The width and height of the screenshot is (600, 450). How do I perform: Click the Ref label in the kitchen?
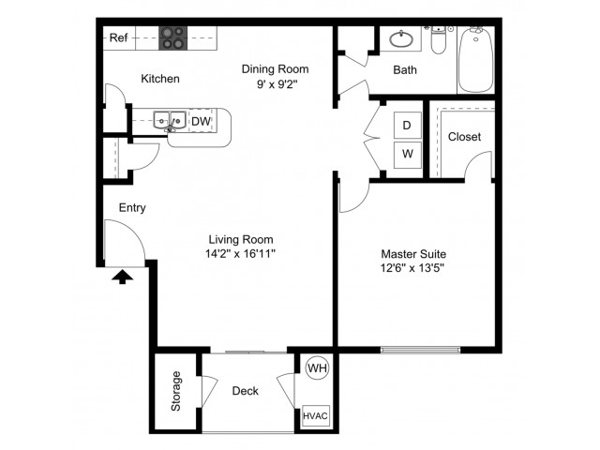coord(118,37)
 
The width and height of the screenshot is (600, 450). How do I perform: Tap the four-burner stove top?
coord(172,37)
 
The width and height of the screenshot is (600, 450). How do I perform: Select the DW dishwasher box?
coord(201,121)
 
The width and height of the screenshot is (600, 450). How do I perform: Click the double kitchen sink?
coord(170,121)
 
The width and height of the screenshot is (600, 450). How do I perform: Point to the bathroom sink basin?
coord(401,39)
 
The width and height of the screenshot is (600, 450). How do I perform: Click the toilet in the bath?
coord(438,40)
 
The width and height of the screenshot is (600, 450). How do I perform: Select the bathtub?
coord(475,60)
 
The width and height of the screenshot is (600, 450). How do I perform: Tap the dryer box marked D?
coord(408,125)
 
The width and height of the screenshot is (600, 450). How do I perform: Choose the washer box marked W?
coord(408,154)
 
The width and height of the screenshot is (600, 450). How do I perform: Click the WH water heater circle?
coord(318,368)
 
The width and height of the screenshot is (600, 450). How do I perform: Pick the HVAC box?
coord(316,416)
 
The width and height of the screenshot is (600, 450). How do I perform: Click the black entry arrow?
coord(123,277)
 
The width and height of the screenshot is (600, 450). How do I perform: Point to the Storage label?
coord(176,391)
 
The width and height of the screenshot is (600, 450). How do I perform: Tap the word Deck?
coord(246,391)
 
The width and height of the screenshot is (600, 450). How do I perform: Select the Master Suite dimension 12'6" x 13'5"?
coord(412,268)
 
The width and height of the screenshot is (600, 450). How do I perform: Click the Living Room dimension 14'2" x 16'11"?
coord(240,253)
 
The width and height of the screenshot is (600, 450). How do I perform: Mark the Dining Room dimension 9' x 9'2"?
coord(277,83)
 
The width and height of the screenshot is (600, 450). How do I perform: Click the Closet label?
coord(465,137)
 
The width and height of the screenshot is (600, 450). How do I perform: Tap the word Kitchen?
coord(160,79)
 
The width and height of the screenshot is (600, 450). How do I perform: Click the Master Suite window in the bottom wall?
coord(421,350)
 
